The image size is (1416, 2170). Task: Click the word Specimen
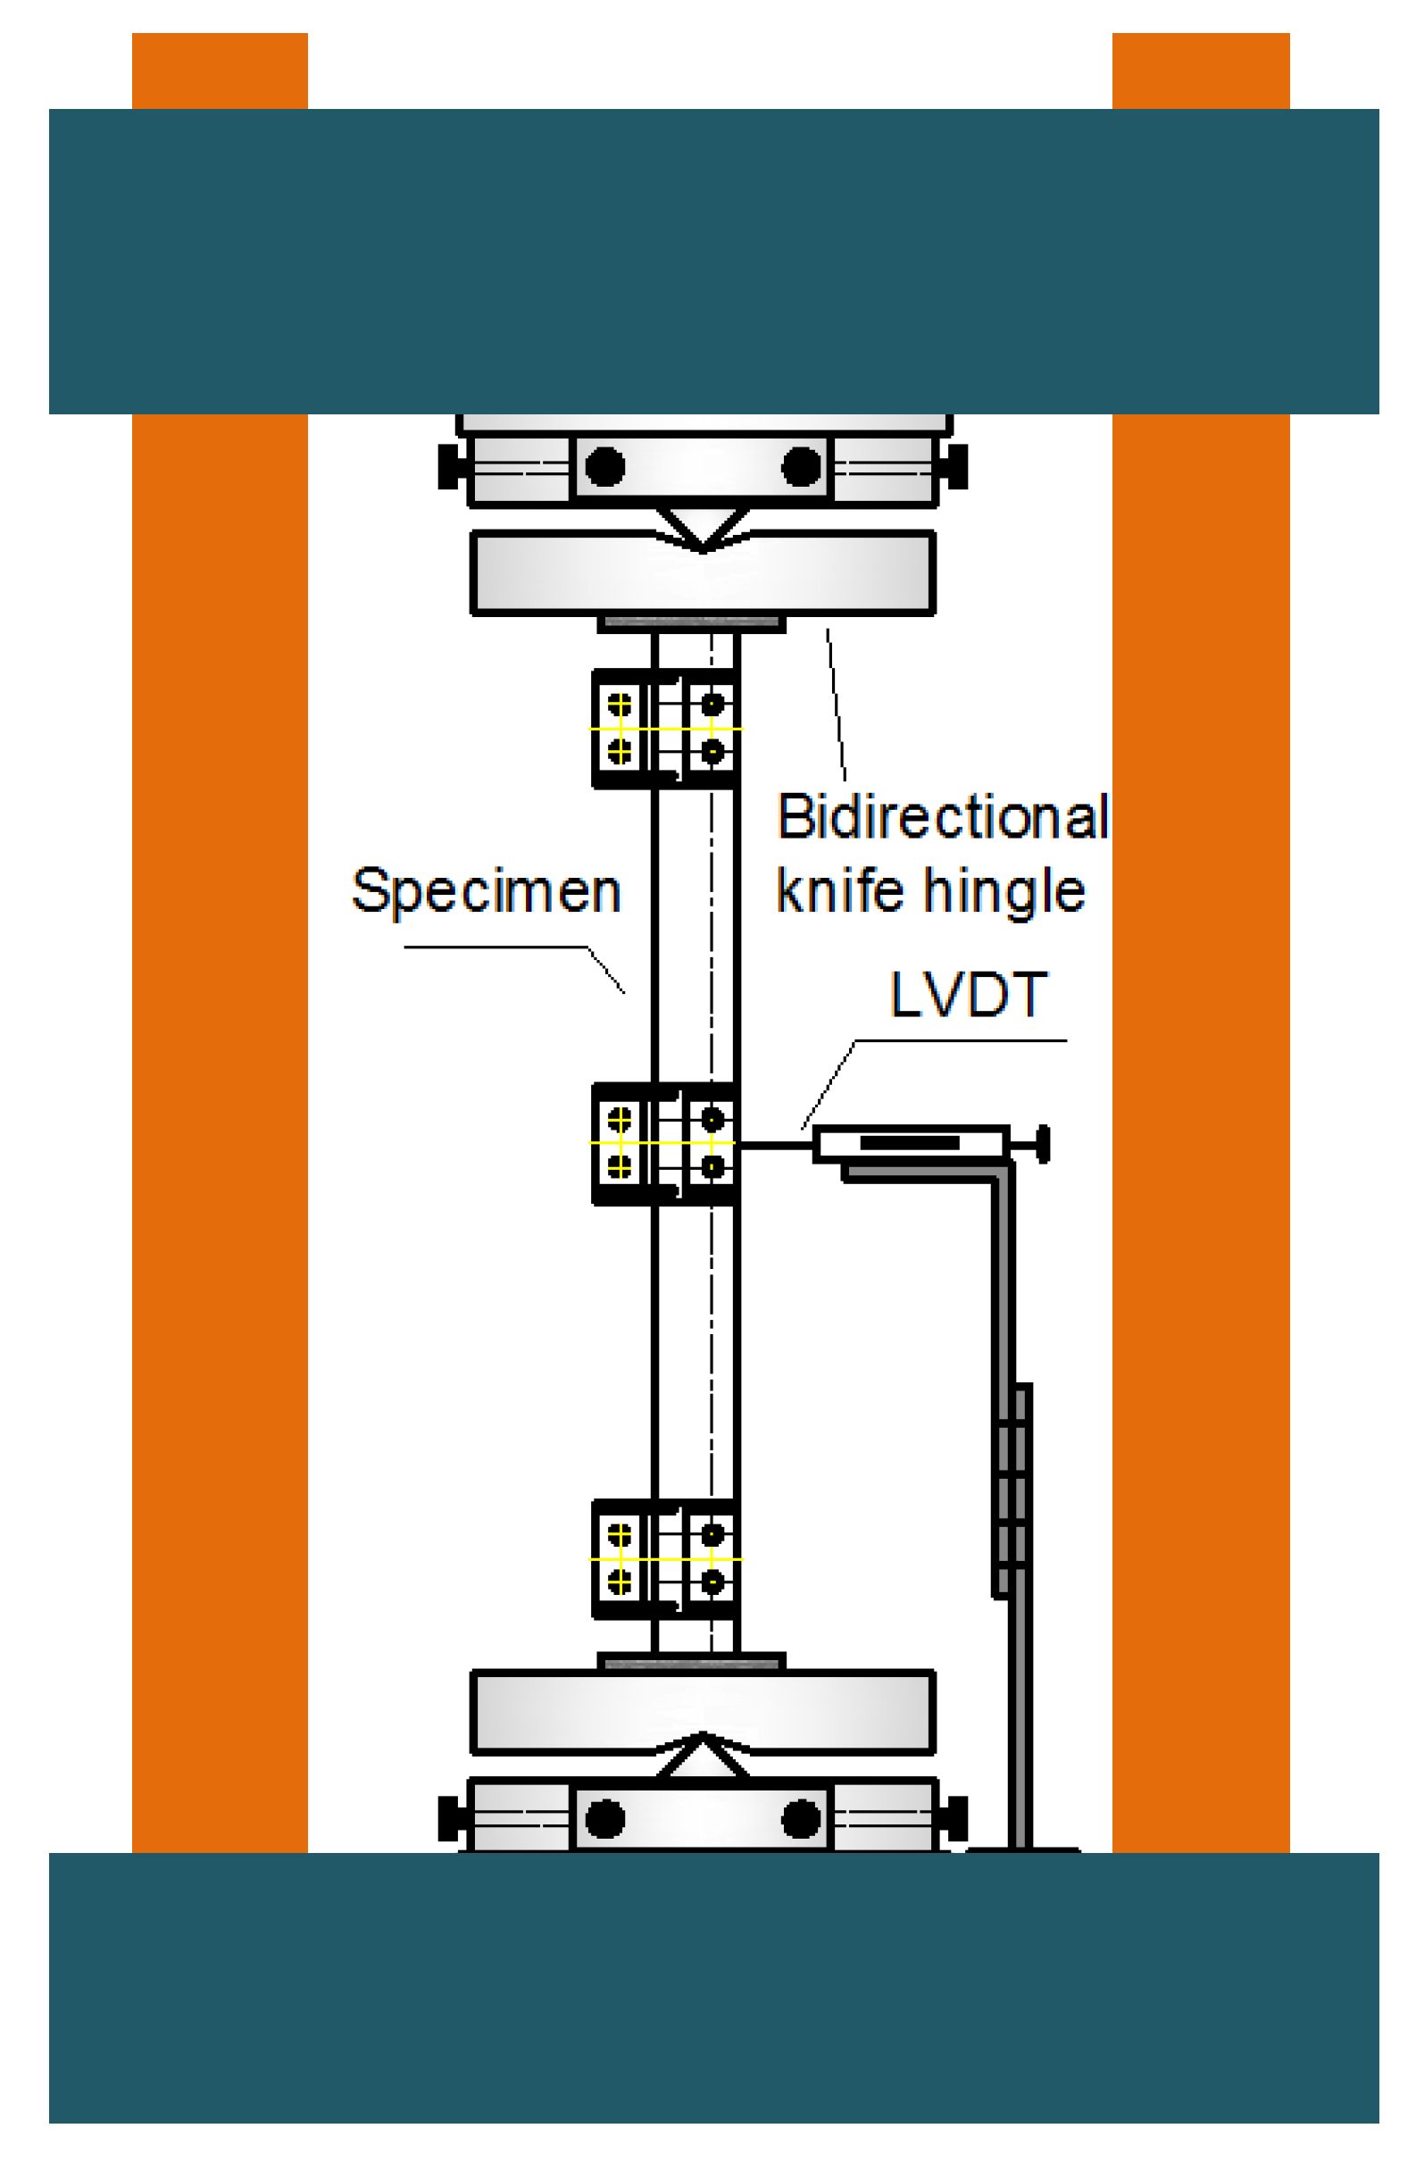point(486,891)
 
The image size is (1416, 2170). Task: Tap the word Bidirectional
point(942,816)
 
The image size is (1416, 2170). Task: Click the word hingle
point(1004,891)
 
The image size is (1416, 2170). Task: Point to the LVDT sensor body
point(910,1143)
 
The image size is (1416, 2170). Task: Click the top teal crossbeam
point(713,261)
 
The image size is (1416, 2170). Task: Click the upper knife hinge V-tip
point(703,545)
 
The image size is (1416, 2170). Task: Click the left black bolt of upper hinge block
point(604,467)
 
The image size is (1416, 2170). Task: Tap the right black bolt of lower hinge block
point(801,1819)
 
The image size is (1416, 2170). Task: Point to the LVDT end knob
point(1043,1143)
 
